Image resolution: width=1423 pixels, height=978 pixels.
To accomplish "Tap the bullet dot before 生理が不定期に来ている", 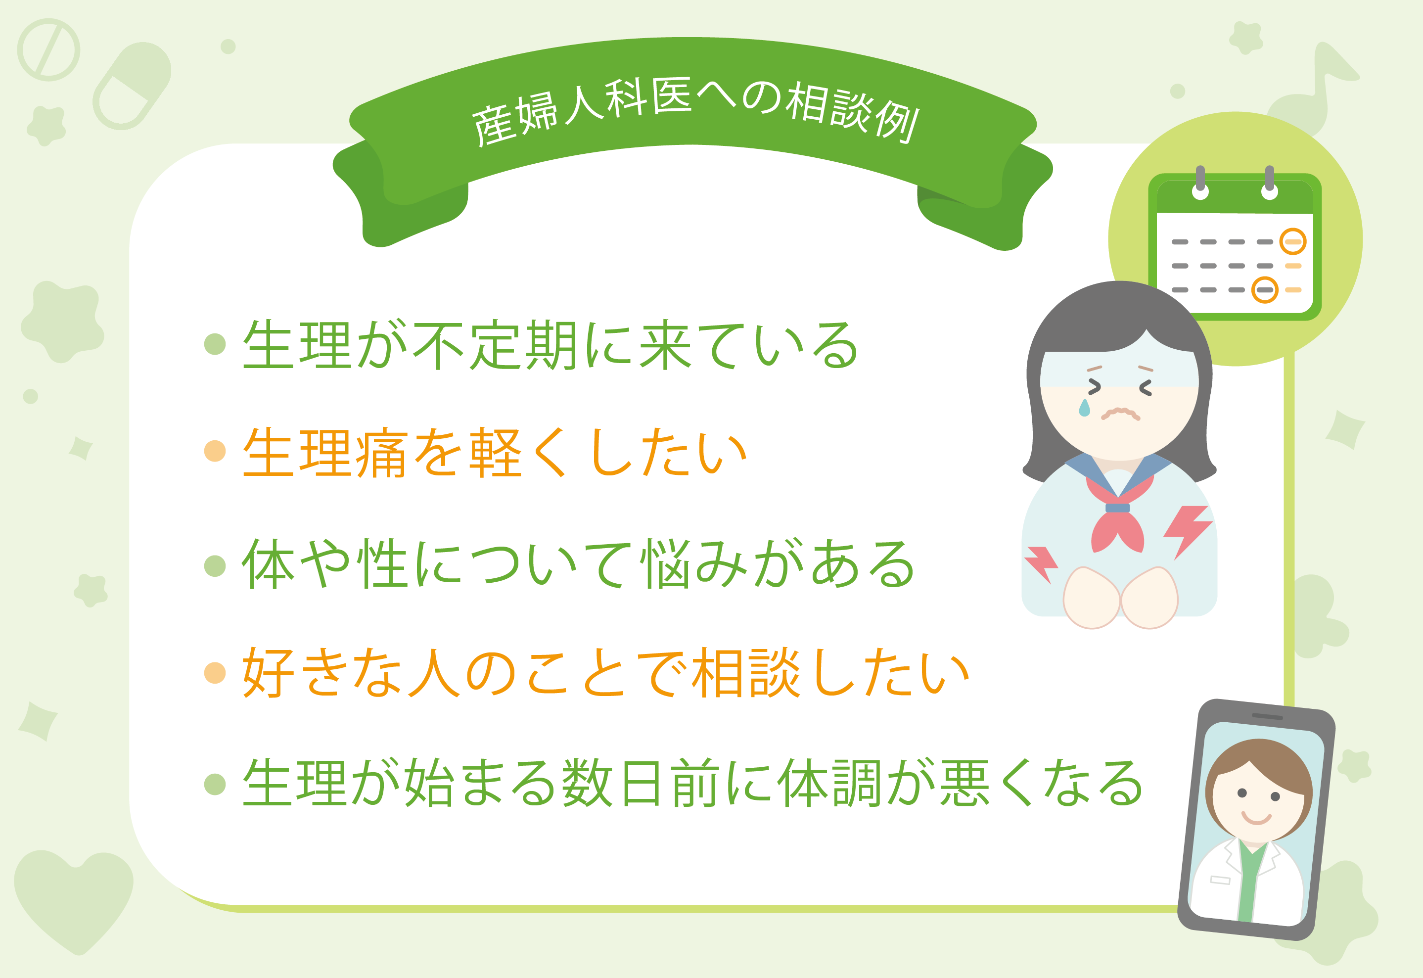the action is pyautogui.click(x=215, y=344).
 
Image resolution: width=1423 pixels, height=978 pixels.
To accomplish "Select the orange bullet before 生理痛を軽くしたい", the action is pyautogui.click(x=215, y=451).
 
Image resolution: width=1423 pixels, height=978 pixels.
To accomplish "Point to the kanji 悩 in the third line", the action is pyautogui.click(x=668, y=564).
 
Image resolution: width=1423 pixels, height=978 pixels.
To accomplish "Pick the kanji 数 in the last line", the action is pyautogui.click(x=588, y=783).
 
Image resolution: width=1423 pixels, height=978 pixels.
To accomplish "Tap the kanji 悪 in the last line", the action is pyautogui.click(x=964, y=783).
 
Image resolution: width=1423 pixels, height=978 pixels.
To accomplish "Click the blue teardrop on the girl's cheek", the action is pyautogui.click(x=1084, y=408).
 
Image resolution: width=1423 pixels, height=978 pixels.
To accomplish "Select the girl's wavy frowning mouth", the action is pyautogui.click(x=1120, y=414).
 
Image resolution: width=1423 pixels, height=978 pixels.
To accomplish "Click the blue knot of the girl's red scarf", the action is pyautogui.click(x=1118, y=508).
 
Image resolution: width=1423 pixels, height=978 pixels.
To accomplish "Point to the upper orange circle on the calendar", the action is pyautogui.click(x=1292, y=241).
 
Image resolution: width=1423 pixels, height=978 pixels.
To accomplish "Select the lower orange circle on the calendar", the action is pyautogui.click(x=1264, y=290).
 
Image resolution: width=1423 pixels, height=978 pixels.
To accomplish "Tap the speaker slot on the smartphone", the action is pyautogui.click(x=1267, y=716).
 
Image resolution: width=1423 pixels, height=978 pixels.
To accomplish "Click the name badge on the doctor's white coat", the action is pyautogui.click(x=1220, y=881).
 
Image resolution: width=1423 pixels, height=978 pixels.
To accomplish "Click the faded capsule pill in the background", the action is pyautogui.click(x=132, y=86).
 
